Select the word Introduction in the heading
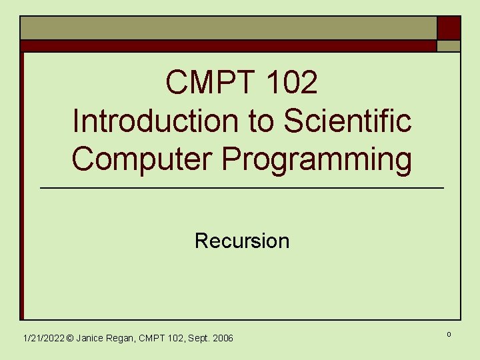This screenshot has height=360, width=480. point(144,121)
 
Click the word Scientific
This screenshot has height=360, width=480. point(347,121)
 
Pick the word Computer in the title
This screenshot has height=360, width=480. point(143,160)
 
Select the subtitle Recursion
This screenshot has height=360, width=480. point(242,241)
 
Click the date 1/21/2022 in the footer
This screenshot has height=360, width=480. point(43,339)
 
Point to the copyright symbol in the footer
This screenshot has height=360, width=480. point(70,339)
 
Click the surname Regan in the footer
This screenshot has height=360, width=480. point(122,339)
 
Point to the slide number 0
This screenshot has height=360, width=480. point(448,333)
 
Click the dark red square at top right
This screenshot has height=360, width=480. point(449,28)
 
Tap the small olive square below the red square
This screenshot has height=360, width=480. point(449,46)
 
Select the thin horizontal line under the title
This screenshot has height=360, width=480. point(242,189)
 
